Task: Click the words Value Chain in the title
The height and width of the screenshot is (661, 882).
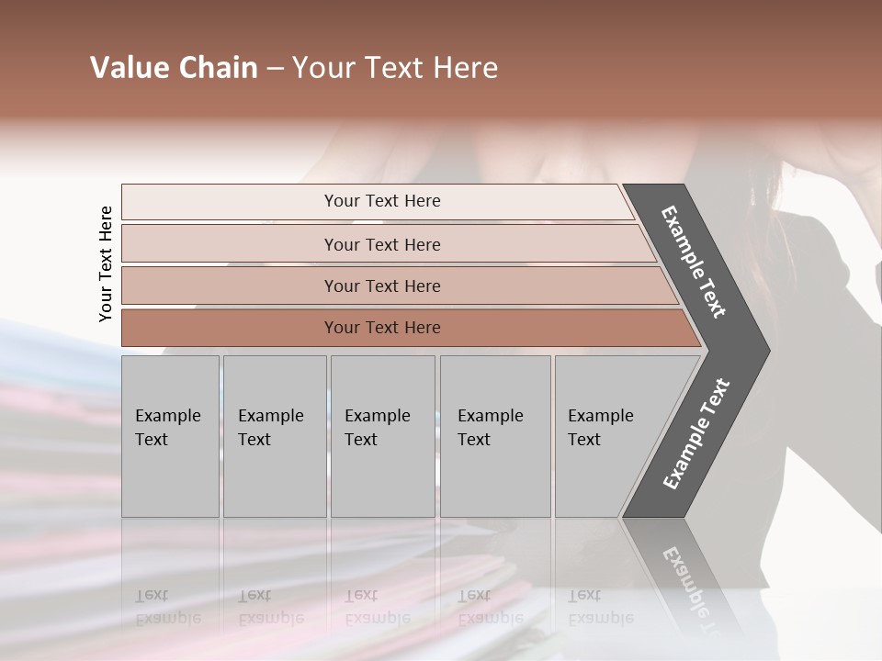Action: [x=174, y=68]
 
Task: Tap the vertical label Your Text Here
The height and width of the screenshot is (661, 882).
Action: [x=106, y=263]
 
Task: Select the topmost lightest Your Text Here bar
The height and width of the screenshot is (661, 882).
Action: [x=230, y=202]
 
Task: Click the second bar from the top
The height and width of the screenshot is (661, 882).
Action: [x=230, y=244]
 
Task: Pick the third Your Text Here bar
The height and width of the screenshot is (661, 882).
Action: [x=230, y=286]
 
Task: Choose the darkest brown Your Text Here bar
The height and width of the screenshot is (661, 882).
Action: [x=230, y=328]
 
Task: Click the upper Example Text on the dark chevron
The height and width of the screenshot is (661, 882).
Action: [x=695, y=263]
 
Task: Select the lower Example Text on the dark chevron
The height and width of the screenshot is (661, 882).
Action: [x=695, y=434]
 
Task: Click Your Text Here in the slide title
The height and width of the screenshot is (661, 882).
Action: [x=395, y=68]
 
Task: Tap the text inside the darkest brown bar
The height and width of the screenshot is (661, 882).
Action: [x=382, y=328]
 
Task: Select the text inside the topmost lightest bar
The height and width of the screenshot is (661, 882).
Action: [x=382, y=201]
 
